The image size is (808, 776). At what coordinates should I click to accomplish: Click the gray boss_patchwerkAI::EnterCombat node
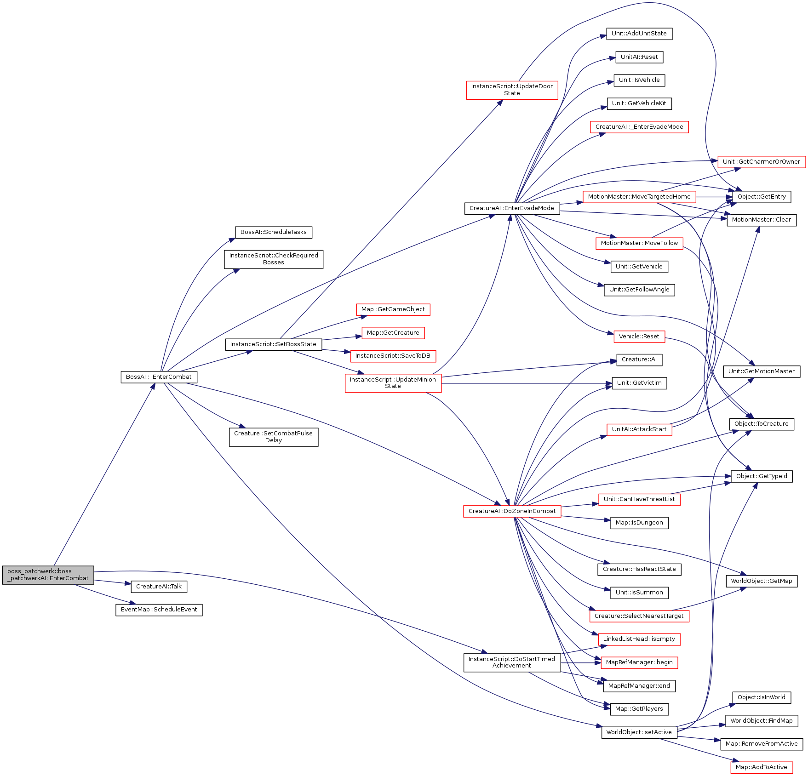(x=48, y=575)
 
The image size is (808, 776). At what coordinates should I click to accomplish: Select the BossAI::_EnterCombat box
(x=159, y=377)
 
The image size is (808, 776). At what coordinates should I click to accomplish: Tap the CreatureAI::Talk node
(x=159, y=587)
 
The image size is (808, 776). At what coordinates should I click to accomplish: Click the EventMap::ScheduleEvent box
(x=159, y=610)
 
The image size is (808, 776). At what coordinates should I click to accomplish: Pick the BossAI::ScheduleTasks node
(x=273, y=232)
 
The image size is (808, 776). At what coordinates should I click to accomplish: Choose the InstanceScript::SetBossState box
(x=273, y=344)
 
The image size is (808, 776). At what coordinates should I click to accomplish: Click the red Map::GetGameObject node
(x=393, y=309)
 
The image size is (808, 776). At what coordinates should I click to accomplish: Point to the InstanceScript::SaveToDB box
(x=393, y=356)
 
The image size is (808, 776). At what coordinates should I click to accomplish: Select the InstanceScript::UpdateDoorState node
(x=512, y=90)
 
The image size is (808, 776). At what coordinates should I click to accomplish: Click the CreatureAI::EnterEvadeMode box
(x=512, y=208)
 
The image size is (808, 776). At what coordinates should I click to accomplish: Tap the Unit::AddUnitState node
(x=639, y=34)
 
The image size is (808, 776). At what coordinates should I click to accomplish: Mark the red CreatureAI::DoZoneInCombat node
(x=512, y=511)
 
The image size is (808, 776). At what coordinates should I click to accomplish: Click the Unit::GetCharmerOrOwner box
(x=761, y=162)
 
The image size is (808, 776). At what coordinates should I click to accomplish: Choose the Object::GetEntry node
(x=762, y=197)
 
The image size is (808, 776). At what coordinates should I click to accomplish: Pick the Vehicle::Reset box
(x=639, y=337)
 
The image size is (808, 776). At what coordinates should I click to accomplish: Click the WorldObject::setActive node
(x=639, y=732)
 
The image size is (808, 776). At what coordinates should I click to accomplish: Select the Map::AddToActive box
(x=761, y=767)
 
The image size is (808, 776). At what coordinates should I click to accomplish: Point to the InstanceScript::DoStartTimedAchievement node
(x=512, y=662)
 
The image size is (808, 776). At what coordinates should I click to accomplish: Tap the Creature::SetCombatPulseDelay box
(x=273, y=437)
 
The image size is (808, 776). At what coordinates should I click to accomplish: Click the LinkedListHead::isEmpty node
(x=639, y=639)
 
